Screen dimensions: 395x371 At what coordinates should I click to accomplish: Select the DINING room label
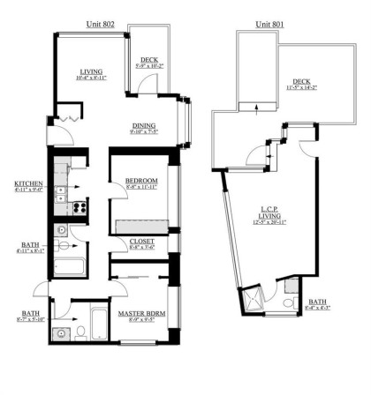(x=144, y=126)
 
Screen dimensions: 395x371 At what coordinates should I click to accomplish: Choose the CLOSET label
(x=141, y=241)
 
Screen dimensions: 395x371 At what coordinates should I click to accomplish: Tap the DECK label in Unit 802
(x=149, y=60)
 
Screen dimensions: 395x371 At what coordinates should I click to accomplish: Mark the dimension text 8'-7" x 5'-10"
(x=27, y=319)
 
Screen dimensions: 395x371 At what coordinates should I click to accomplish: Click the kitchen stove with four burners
(x=79, y=209)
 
